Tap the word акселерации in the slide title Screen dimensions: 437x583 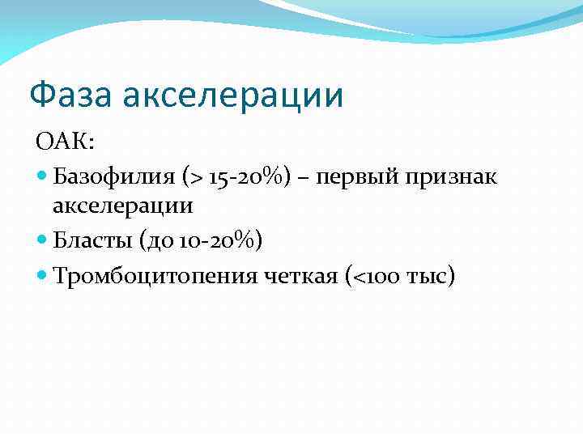(233, 95)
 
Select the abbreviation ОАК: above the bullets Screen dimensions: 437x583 (65, 142)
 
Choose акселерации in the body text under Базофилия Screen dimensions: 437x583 (122, 206)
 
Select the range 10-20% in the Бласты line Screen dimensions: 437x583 (213, 240)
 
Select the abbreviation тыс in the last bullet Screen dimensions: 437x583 (428, 277)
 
